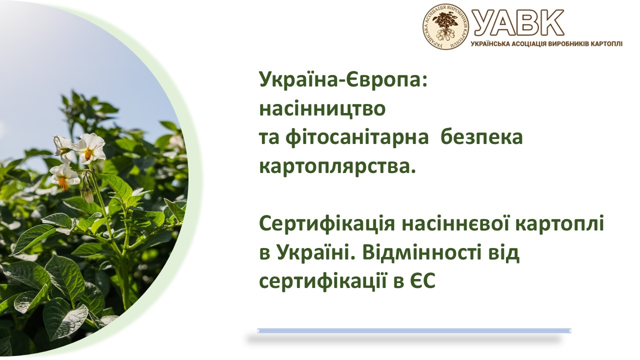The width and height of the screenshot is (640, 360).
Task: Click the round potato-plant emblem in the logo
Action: pos(445,26)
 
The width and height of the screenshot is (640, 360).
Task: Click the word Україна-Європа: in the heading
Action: pos(343,79)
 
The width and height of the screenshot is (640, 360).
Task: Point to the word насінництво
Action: pos(322,108)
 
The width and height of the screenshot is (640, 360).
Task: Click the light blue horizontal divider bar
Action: pos(414,330)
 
